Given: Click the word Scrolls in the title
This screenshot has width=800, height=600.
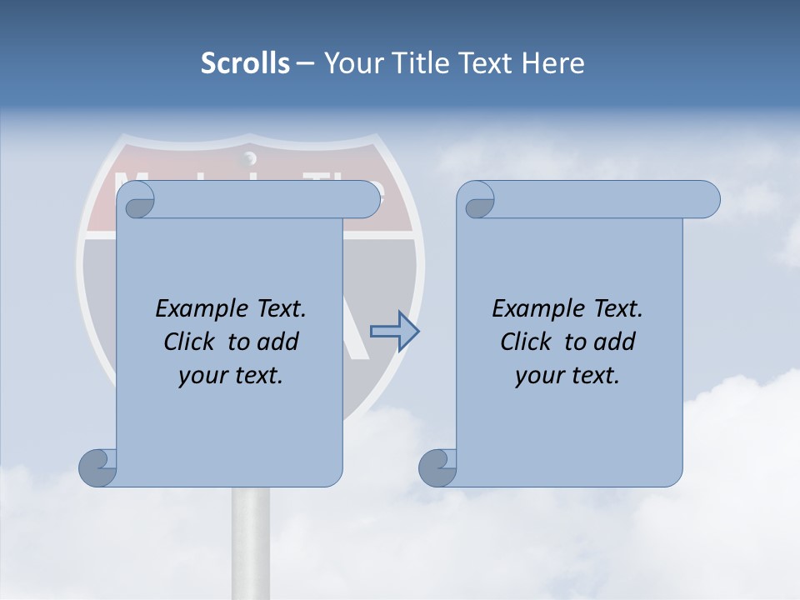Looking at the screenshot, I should (x=246, y=63).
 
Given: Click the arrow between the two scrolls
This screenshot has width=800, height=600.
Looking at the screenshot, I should (x=394, y=331).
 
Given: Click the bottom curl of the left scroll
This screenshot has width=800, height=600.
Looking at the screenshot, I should (x=98, y=467).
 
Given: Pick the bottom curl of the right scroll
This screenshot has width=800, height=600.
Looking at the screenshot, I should (x=437, y=467).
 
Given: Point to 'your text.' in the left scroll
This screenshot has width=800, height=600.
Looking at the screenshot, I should (x=230, y=375).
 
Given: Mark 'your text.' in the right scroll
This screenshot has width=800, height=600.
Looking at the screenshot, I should (x=567, y=375).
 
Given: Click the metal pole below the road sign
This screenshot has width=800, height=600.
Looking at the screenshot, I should (x=250, y=542).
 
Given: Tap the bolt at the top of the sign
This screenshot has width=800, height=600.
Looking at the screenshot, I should (x=247, y=157).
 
